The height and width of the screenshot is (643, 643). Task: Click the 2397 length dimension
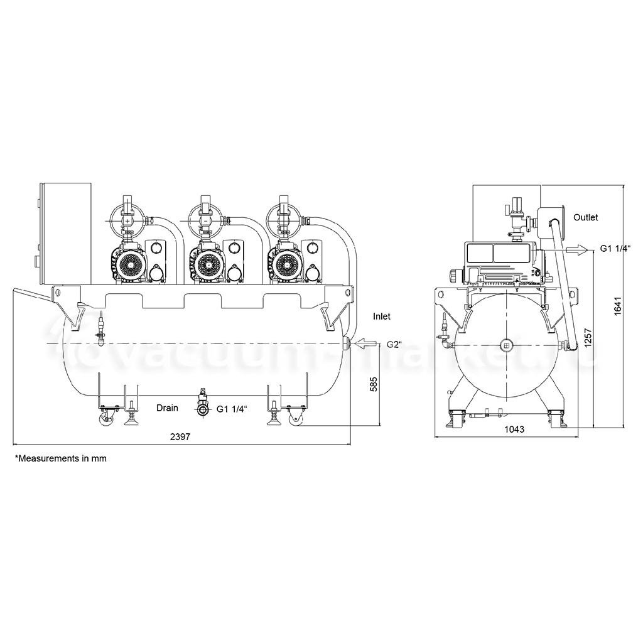coord(180,437)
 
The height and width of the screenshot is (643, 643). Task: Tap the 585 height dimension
coord(374,384)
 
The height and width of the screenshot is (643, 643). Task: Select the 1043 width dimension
coord(514,430)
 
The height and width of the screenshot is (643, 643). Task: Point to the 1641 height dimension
coord(618,306)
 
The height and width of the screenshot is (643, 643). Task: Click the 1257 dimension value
coord(588,338)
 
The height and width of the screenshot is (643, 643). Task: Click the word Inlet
coord(382,316)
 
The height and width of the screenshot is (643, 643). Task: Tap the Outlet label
coord(586,217)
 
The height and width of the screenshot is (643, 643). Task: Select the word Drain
coord(167,408)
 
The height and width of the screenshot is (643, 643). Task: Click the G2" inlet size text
coord(394,345)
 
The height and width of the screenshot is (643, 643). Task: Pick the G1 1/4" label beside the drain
coord(232,409)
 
